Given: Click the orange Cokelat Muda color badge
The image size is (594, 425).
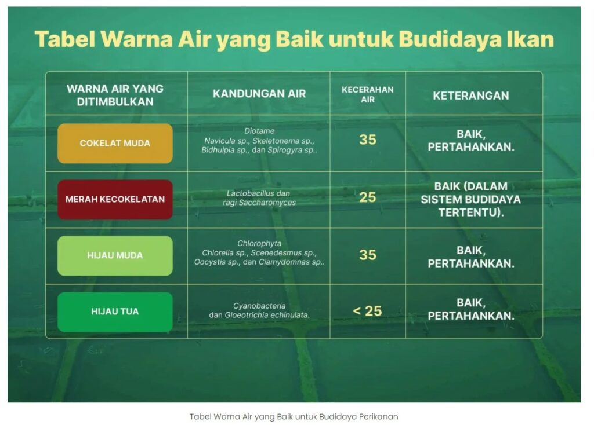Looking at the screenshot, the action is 115,143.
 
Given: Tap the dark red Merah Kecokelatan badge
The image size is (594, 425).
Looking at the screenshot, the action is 115,199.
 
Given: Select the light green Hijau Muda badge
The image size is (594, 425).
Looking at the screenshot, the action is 115,255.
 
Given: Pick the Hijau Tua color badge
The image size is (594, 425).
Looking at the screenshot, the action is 115,312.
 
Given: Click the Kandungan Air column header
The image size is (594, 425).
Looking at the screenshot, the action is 259,94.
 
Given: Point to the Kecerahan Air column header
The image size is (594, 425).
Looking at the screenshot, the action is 367,94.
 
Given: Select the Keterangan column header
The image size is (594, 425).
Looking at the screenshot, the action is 471,96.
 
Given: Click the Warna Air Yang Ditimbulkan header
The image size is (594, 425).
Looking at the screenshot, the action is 115,96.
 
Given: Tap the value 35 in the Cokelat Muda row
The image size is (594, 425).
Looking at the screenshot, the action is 367,140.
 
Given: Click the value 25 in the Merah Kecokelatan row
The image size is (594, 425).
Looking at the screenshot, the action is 367,197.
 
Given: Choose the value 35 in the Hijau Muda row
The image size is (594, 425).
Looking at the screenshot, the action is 367,255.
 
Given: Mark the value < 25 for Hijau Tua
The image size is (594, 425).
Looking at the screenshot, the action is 367,311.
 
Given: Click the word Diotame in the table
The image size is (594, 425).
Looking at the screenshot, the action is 259,131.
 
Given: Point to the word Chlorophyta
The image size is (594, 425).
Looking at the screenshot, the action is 259,244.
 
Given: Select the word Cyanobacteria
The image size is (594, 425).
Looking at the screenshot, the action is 259,306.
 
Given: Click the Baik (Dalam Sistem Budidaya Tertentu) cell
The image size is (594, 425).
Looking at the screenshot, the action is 471,199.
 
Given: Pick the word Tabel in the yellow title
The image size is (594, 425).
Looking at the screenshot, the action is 64,39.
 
